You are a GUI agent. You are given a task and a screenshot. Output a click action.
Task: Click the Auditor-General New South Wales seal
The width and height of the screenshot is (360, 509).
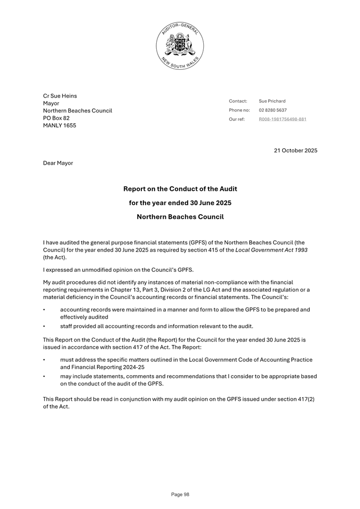tap(180, 46)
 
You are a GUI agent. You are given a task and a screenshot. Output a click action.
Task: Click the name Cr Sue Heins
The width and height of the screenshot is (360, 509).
tap(60, 96)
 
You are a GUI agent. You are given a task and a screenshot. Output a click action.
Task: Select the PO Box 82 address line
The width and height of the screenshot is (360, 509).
tap(56, 118)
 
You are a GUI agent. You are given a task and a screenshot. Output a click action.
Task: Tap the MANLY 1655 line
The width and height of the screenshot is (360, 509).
tap(59, 125)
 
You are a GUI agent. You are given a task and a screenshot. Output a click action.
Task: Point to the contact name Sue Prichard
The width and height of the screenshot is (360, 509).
tap(272, 101)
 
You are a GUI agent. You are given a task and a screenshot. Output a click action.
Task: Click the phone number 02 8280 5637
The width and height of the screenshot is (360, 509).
tap(273, 110)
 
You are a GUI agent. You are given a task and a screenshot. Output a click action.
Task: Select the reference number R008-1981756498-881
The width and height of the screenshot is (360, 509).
tap(282, 119)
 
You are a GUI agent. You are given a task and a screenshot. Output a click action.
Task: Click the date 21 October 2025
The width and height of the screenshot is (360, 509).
tap(295, 150)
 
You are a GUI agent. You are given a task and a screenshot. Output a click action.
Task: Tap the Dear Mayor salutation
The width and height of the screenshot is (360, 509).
tap(58, 163)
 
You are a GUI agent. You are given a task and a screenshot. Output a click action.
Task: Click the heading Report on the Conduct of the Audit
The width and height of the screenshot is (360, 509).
tap(180, 189)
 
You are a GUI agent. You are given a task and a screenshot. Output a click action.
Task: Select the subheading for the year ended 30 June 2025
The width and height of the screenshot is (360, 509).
tap(180, 203)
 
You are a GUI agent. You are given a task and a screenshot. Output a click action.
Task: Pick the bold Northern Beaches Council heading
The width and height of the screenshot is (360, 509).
tap(180, 217)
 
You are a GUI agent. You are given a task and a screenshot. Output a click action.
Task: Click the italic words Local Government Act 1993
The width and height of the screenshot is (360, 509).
tap(272, 250)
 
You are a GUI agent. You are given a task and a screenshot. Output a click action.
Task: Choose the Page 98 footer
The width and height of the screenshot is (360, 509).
tap(180, 495)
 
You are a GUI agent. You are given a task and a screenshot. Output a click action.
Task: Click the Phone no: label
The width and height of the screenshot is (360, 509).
tap(239, 110)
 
